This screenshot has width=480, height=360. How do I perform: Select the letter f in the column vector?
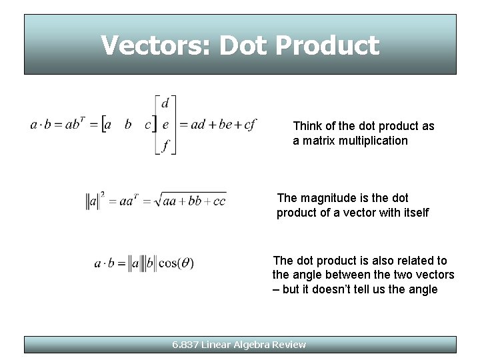click(165, 145)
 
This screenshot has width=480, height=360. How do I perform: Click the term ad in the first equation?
click(198, 125)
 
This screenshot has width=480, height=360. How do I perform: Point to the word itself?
click(413, 213)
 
